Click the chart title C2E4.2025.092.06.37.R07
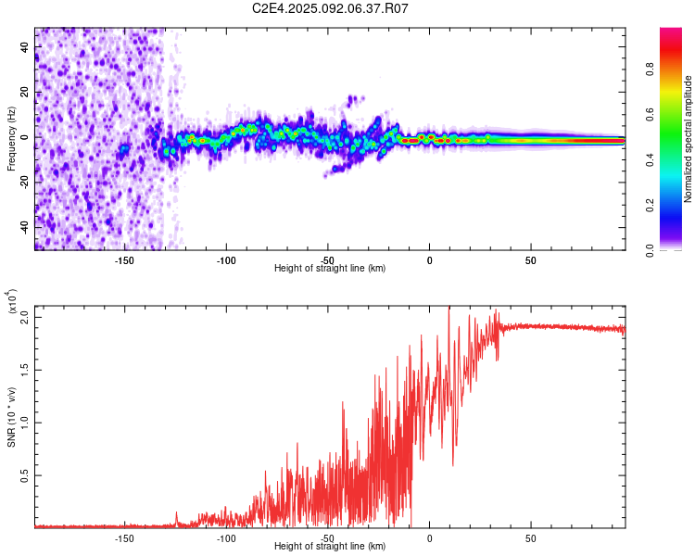pos(330,8)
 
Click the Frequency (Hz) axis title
pos(11,139)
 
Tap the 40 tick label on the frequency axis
pos(25,46)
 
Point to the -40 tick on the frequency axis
pos(25,228)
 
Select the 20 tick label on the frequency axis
pos(25,92)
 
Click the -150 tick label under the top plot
pos(124,260)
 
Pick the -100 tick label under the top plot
pos(226,260)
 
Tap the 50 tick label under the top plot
pos(531,260)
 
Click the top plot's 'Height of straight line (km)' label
pos(330,268)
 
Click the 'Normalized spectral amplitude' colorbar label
pos(688,139)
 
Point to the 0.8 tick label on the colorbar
pos(650,69)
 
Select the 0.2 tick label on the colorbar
pos(650,206)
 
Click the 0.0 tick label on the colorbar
pos(650,250)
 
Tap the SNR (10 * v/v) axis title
pos(11,417)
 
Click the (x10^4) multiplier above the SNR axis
pos(11,301)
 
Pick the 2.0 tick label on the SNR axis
pos(25,318)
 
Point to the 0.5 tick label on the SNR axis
pos(25,475)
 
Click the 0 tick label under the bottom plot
pos(429,538)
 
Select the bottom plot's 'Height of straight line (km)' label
pos(330,546)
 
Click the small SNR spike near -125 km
pos(176,518)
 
